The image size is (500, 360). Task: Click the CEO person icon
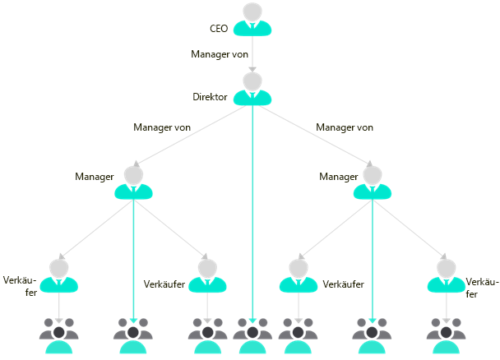[x=252, y=20]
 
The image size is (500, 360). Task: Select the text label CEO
[x=219, y=28]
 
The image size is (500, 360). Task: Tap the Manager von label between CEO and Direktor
[x=219, y=54]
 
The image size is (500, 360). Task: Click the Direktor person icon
[x=252, y=89]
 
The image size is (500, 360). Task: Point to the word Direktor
[x=209, y=97]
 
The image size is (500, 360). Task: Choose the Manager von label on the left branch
[x=162, y=127]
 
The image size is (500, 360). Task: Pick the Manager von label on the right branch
[x=345, y=127]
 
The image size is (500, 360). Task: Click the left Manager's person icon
[x=133, y=183]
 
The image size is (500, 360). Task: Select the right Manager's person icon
[x=373, y=183]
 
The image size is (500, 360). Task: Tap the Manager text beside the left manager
[x=94, y=177]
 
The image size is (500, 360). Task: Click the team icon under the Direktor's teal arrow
[x=252, y=337]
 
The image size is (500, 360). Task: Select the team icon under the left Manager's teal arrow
[x=133, y=337]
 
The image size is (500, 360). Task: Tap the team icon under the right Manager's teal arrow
[x=373, y=337]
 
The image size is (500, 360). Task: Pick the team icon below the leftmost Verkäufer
[x=58, y=337]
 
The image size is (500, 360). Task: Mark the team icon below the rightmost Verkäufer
[x=447, y=337]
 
